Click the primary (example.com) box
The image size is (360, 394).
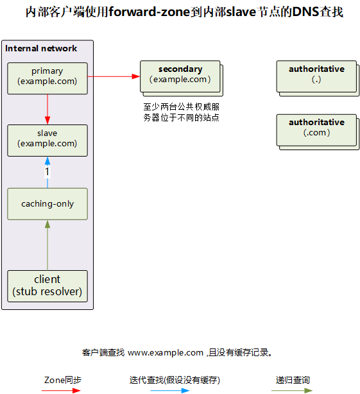pyautogui.click(x=47, y=78)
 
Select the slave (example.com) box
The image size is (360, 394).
pyautogui.click(x=47, y=141)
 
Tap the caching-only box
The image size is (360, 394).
pyautogui.click(x=47, y=204)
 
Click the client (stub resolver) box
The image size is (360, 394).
pyautogui.click(x=47, y=286)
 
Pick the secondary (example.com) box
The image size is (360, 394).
pyautogui.click(x=182, y=78)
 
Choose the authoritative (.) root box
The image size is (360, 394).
pyautogui.click(x=318, y=78)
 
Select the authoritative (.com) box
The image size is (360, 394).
pyautogui.click(x=318, y=132)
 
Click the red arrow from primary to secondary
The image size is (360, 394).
pyautogui.click(x=114, y=76)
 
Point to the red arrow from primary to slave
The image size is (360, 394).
pyautogui.click(x=47, y=109)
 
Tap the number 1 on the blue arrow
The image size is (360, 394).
pyautogui.click(x=47, y=171)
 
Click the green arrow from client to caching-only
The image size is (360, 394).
pyautogui.click(x=47, y=245)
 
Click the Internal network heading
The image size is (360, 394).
pyautogui.click(x=41, y=48)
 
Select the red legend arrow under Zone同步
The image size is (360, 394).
pyautogui.click(x=61, y=391)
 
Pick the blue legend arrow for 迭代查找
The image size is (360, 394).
pyautogui.click(x=170, y=391)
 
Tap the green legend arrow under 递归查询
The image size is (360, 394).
pyautogui.click(x=292, y=391)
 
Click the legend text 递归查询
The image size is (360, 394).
pyautogui.click(x=293, y=380)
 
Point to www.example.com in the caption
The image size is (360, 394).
pyautogui.click(x=166, y=353)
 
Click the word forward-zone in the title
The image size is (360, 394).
pyautogui.click(x=150, y=12)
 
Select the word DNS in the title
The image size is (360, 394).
pyautogui.click(x=305, y=12)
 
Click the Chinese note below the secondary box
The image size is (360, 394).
pyautogui.click(x=182, y=112)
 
